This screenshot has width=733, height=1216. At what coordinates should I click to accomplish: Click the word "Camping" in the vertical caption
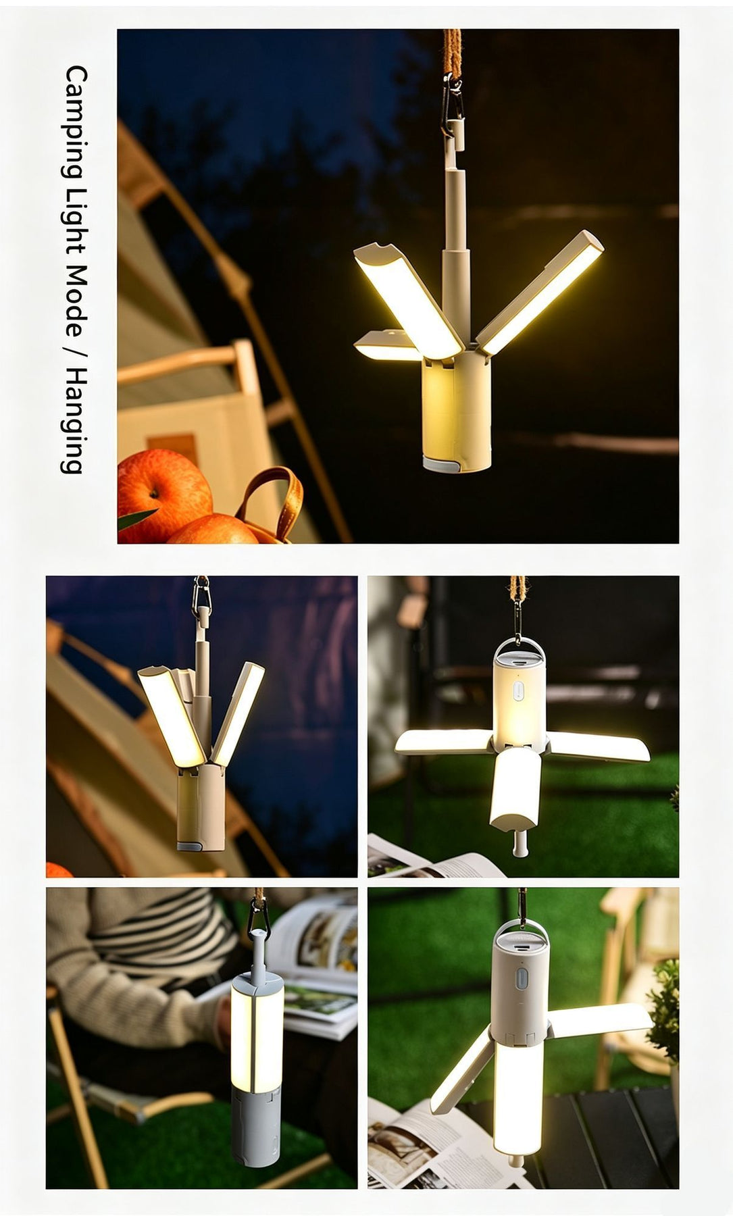(75, 124)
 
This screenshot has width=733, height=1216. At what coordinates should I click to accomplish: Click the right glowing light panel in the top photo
(539, 292)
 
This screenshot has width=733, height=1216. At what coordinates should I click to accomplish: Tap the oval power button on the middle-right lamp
(518, 691)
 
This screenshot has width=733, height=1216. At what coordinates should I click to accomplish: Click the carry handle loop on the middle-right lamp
(520, 650)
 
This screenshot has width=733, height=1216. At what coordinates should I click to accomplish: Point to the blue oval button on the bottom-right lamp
(522, 980)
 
